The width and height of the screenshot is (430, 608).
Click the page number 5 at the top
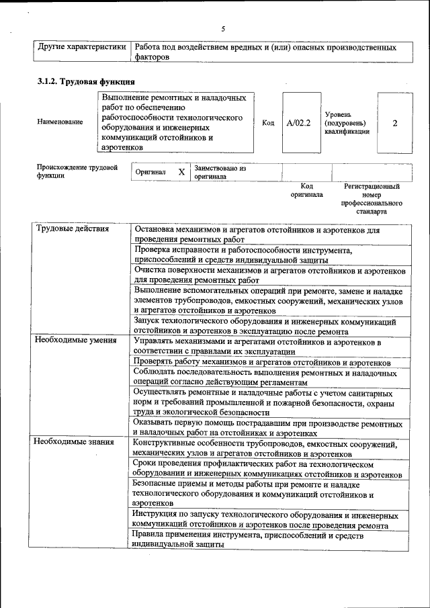(222, 28)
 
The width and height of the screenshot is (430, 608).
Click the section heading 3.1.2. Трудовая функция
(85, 82)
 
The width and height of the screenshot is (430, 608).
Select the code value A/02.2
(298, 123)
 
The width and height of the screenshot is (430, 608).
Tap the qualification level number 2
(395, 123)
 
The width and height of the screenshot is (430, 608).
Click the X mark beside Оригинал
(181, 172)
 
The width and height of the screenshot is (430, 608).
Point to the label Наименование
(60, 122)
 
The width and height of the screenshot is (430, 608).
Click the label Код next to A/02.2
(268, 123)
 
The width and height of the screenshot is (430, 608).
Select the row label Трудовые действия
(71, 229)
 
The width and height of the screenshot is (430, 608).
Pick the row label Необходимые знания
(74, 442)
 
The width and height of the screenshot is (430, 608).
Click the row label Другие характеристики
(82, 48)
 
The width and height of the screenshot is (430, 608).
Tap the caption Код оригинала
(306, 190)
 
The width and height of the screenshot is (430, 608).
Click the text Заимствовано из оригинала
(220, 172)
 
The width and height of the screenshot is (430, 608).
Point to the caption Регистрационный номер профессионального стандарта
(372, 198)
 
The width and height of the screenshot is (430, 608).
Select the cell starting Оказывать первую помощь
(267, 429)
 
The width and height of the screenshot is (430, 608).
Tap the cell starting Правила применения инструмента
(249, 540)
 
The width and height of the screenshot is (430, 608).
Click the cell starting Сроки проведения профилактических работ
(267, 469)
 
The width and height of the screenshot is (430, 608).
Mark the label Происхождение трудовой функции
(77, 171)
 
